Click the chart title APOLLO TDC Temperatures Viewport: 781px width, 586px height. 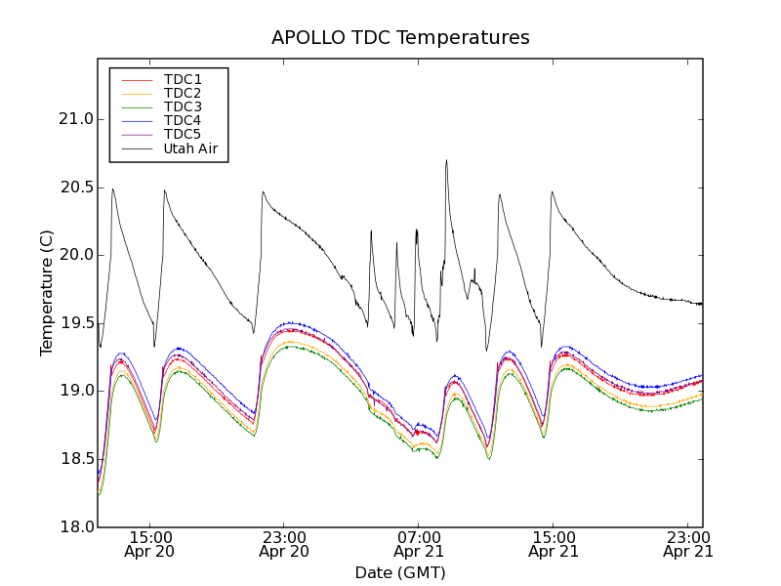click(x=400, y=38)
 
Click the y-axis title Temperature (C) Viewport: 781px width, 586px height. click(x=47, y=293)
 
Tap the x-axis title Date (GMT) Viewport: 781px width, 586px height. click(x=400, y=572)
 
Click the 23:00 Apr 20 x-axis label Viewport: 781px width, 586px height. click(x=284, y=544)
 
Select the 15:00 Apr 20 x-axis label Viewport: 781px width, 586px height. click(x=150, y=544)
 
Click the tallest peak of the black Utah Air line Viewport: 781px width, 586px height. click(x=446, y=160)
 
